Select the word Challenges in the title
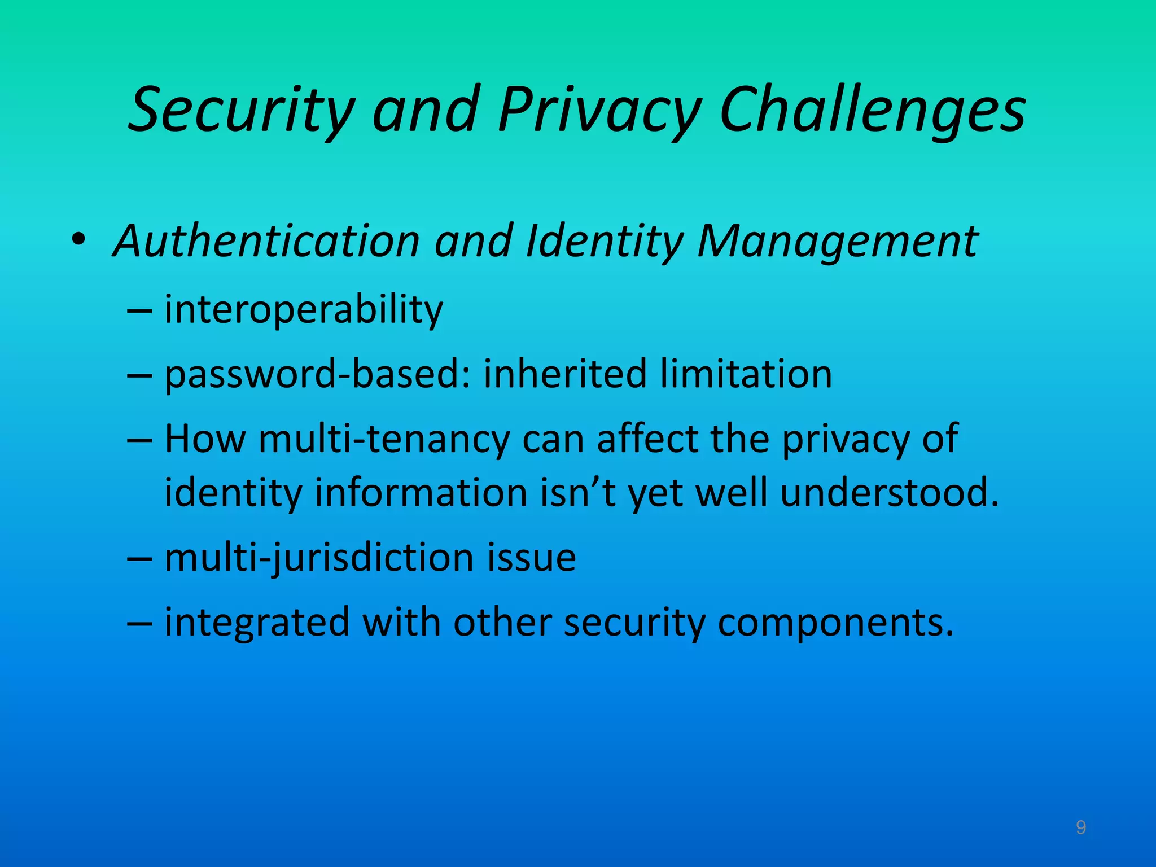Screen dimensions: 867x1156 pos(873,110)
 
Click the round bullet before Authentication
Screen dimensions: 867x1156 pos(78,239)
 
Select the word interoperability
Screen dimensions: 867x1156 pos(304,310)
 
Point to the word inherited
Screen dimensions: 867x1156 pos(564,374)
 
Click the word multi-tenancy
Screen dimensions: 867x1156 pos(384,439)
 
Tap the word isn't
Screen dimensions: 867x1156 pos(577,492)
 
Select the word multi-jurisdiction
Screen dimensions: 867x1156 pos(319,558)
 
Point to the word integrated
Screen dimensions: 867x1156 pos(257,622)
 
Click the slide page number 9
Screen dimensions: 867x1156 pos(1080,827)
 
